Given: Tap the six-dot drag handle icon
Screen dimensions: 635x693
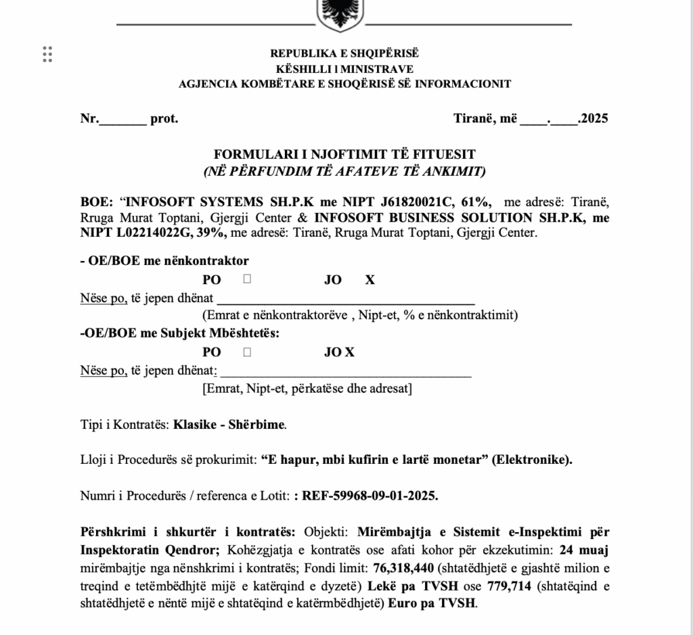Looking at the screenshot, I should (47, 54).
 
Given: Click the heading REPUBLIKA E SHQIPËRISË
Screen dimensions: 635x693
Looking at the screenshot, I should (344, 53).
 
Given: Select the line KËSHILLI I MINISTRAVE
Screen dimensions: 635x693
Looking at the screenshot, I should (344, 68).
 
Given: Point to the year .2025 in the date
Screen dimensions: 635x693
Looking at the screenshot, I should (593, 119).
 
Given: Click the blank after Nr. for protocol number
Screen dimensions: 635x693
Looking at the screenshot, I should (122, 120).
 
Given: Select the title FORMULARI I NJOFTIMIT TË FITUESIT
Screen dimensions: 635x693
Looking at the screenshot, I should (344, 155).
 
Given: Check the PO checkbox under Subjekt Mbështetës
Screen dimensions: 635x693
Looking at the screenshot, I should (248, 352).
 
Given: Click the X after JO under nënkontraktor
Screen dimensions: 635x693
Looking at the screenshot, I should (370, 280).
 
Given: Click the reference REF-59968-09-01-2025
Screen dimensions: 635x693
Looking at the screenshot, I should (370, 495).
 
